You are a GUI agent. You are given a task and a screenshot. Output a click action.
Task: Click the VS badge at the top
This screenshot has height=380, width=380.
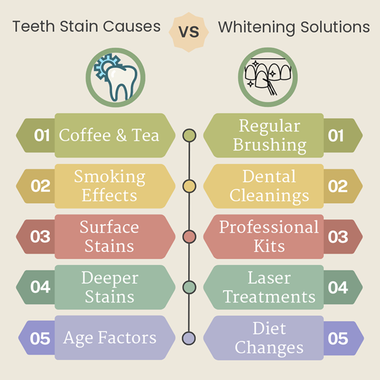pyautogui.click(x=189, y=32)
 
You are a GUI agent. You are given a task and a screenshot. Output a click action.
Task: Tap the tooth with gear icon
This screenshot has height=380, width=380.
pyautogui.click(x=116, y=77)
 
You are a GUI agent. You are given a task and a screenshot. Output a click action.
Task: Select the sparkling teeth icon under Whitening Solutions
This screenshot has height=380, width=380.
pyautogui.click(x=268, y=77)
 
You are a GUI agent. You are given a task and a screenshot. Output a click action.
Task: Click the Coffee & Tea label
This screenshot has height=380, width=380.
pyautogui.click(x=109, y=135)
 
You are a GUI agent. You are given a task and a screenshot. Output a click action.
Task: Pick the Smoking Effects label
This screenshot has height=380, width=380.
pyautogui.click(x=110, y=186)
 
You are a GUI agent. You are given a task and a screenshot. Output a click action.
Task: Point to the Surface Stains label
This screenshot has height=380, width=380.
pyautogui.click(x=109, y=236)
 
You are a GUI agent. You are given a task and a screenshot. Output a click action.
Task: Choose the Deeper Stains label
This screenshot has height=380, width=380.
pyautogui.click(x=110, y=287)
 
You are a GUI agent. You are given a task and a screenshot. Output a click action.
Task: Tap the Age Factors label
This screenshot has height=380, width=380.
pyautogui.click(x=110, y=337)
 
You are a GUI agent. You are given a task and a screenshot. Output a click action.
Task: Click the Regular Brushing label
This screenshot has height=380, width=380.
pyautogui.click(x=270, y=135)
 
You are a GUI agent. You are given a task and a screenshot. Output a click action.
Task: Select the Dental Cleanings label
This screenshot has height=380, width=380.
pyautogui.click(x=269, y=186)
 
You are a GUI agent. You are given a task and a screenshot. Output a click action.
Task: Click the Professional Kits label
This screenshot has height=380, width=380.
pyautogui.click(x=269, y=236)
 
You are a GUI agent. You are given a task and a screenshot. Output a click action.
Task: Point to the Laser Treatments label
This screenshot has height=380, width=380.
pyautogui.click(x=269, y=287)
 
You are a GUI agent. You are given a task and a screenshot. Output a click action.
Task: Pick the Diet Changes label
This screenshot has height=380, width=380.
pyautogui.click(x=269, y=338)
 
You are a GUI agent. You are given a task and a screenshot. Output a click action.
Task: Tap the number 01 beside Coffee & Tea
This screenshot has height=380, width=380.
pyautogui.click(x=42, y=135)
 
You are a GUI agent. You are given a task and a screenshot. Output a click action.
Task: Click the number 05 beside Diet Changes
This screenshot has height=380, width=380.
pyautogui.click(x=338, y=339)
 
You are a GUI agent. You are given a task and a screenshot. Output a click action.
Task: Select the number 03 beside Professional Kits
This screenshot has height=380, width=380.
pyautogui.click(x=338, y=236)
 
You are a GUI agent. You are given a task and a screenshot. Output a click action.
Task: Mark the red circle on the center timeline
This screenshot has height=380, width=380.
pyautogui.click(x=189, y=237)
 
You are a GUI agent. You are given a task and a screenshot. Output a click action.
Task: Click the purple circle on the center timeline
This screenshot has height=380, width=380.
pyautogui.click(x=189, y=338)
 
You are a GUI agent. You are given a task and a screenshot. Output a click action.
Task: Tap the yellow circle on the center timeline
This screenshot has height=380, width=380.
pyautogui.click(x=189, y=186)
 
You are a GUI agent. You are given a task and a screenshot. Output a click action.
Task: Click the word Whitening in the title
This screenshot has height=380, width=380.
pyautogui.click(x=256, y=27)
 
